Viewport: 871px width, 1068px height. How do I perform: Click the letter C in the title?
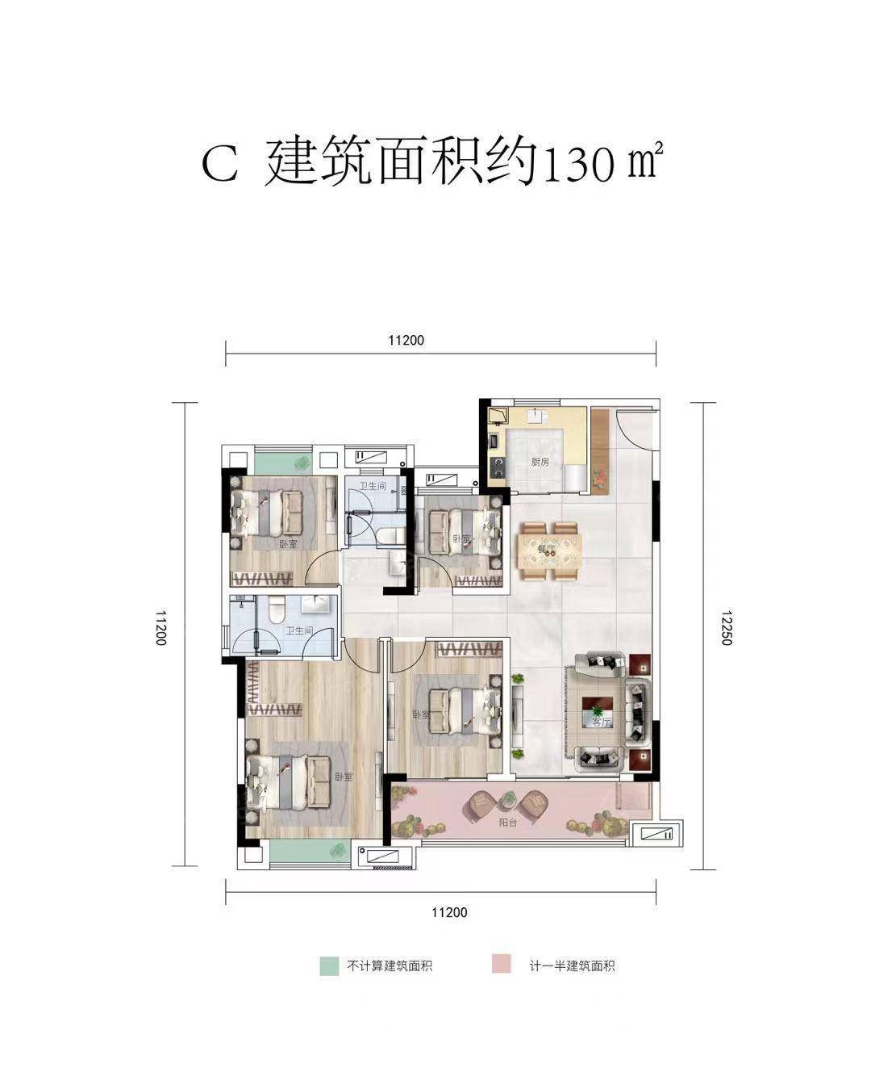pos(219,165)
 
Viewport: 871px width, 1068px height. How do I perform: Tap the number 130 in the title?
pos(578,166)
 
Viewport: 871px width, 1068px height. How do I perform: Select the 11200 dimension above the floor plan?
pos(406,341)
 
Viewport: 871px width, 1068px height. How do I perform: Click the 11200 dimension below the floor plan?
pos(449,913)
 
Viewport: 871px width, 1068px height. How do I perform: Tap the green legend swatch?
pos(328,965)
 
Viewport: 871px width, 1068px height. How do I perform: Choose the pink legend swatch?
pos(501,965)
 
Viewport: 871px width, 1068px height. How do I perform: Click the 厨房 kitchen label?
pos(540,463)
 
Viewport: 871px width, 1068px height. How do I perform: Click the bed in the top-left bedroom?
pos(269,513)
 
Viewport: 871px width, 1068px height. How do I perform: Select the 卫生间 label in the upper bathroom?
pos(373,486)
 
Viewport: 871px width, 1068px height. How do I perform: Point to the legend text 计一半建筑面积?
pos(573,965)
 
